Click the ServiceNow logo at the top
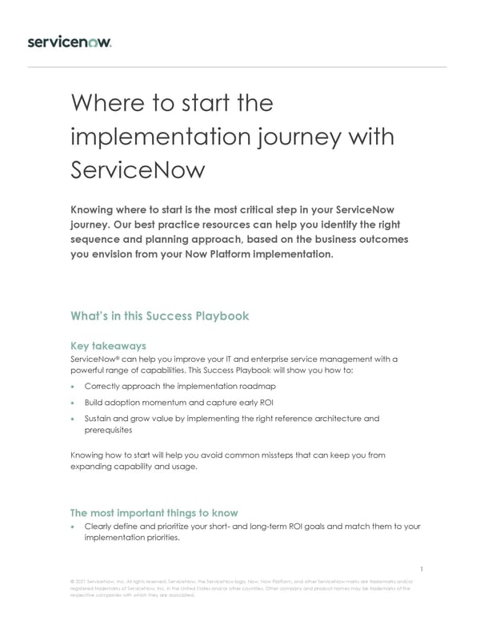tap(70, 42)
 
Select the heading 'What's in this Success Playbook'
tap(160, 316)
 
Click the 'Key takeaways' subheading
tap(108, 346)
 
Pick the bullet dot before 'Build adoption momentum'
tap(74, 403)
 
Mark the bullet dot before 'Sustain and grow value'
tap(74, 419)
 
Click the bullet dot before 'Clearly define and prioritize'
tap(74, 527)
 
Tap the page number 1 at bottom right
tap(421, 570)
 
